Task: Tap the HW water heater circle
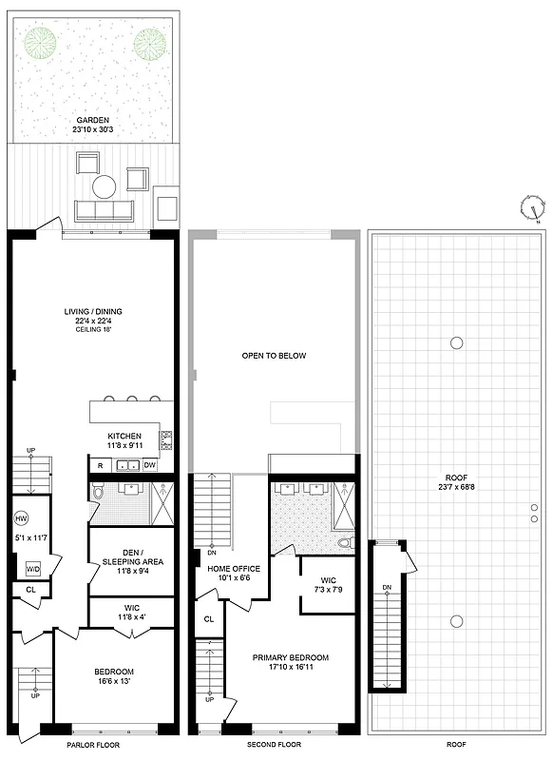pyautogui.click(x=22, y=519)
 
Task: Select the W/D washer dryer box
pyautogui.click(x=33, y=568)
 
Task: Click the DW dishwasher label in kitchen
pyautogui.click(x=150, y=465)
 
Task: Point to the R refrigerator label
pyautogui.click(x=99, y=465)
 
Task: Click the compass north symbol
pyautogui.click(x=532, y=206)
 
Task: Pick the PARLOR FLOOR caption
pyautogui.click(x=94, y=745)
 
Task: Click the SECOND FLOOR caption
pyautogui.click(x=275, y=745)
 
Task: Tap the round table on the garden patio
pyautogui.click(x=104, y=185)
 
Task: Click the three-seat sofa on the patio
pyautogui.click(x=104, y=211)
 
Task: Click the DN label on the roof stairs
pyautogui.click(x=386, y=587)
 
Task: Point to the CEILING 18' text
pyautogui.click(x=93, y=330)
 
